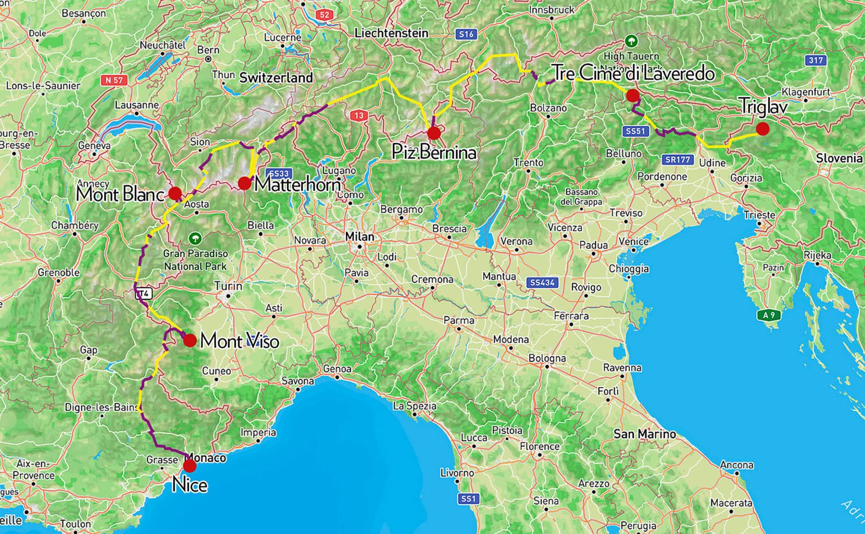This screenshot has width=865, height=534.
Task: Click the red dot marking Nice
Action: coord(189,466)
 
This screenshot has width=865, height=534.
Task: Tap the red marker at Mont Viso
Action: coord(189,340)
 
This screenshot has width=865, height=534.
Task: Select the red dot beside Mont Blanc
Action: coord(175,193)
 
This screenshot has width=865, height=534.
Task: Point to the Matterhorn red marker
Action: coord(244,183)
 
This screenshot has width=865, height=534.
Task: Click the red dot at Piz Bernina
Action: coord(434,133)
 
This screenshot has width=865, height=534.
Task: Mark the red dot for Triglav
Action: coord(763,129)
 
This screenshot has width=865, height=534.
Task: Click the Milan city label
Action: coord(360,237)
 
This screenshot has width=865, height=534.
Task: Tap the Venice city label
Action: coord(633,242)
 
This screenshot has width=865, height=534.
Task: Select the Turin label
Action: coord(228,286)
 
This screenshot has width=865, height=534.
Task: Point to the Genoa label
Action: coord(338,369)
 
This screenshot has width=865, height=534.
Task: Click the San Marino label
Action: coord(645,435)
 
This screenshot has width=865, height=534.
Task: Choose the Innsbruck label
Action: coord(551,10)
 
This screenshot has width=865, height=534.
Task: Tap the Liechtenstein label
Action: coord(391,33)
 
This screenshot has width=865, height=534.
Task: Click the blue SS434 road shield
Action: coord(542,283)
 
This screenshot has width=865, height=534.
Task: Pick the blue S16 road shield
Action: coord(466,34)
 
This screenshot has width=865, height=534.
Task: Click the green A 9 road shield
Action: coord(768,315)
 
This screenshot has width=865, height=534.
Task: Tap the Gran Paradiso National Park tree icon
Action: coord(195,238)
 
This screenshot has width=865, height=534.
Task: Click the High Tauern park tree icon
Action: coord(631,41)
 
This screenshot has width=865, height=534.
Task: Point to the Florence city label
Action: coord(539,446)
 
